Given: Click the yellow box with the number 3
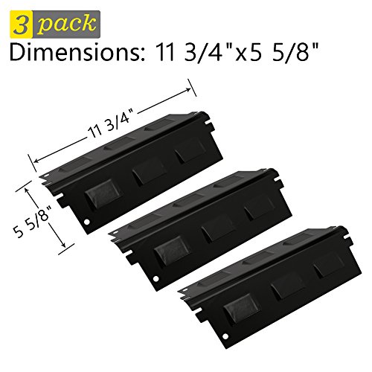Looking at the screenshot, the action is coord(22,25).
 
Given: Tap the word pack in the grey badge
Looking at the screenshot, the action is coord(67,24).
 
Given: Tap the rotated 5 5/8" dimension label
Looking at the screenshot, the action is coord(33,217).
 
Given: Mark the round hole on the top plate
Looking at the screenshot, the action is coord(86,222).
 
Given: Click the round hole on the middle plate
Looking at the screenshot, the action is coord(155,279).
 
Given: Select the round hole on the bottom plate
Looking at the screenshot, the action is coord(225,336).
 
